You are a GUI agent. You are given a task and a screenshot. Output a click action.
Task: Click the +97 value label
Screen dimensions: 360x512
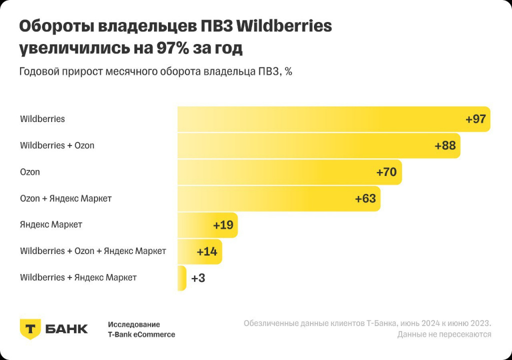[x=475, y=119]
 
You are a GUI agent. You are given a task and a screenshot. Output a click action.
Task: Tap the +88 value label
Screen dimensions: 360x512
[x=445, y=146]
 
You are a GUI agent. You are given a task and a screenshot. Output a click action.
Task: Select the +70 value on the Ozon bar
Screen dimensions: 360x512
[x=386, y=172]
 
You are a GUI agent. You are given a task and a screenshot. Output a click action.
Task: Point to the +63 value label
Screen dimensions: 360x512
[x=365, y=198]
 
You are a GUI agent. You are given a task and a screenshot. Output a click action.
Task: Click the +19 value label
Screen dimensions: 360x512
[x=223, y=225]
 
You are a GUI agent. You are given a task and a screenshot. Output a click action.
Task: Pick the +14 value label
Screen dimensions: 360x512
[x=207, y=251]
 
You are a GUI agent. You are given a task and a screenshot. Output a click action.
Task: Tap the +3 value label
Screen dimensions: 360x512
[x=198, y=278]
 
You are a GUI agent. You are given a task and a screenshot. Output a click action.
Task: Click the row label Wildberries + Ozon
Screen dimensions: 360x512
[x=57, y=145]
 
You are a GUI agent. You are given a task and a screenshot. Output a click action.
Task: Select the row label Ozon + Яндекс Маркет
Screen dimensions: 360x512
[x=65, y=198]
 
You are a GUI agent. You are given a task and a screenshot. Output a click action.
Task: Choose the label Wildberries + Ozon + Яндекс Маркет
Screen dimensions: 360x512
[x=93, y=251]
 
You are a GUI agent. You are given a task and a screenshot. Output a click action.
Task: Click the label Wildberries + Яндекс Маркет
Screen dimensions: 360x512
[x=78, y=277]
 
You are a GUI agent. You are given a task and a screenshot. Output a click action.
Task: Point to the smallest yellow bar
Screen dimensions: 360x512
[x=181, y=278]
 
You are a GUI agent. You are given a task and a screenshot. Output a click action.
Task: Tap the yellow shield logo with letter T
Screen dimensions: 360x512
[x=30, y=328]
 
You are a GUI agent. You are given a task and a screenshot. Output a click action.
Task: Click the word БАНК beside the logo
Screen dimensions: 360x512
[x=66, y=329]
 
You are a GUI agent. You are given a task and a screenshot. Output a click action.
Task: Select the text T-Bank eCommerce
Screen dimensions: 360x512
[x=141, y=334]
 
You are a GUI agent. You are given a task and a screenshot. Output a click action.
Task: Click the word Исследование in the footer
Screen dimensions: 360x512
[x=134, y=324]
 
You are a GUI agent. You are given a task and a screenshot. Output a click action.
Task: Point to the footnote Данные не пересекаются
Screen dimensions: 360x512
[x=444, y=334]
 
